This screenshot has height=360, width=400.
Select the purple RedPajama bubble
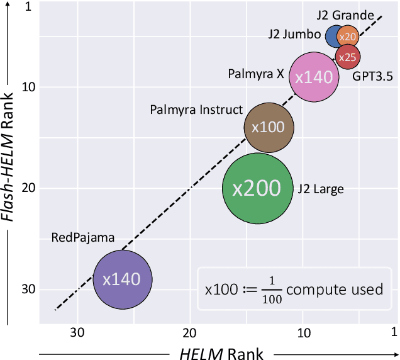tap(122, 279)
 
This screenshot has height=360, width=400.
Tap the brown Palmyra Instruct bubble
tap(269, 127)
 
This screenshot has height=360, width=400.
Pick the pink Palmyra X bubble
tap(313, 77)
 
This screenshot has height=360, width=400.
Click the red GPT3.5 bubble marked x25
tap(347, 57)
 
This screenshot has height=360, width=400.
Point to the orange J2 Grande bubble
tap(348, 37)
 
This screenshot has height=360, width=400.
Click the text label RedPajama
tap(83, 238)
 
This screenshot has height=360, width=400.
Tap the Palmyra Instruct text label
tap(196, 110)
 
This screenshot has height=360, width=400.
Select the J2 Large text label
tap(321, 188)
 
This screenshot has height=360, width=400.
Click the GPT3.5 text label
tap(372, 77)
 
